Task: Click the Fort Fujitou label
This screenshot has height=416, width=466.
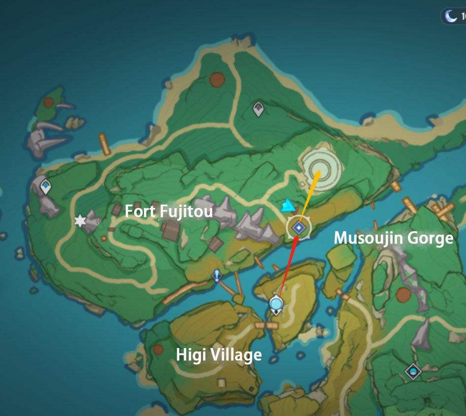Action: click(168, 211)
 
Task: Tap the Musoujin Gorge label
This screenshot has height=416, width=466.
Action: click(393, 238)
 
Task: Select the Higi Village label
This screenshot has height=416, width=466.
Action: click(219, 354)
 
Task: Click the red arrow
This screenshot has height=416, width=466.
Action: click(289, 266)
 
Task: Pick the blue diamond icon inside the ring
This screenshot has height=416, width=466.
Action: click(299, 227)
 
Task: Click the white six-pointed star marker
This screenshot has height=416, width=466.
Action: click(80, 221)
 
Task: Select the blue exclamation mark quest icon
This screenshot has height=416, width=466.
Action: click(216, 275)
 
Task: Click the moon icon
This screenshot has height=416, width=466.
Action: click(451, 16)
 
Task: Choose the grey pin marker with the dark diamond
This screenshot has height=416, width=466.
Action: click(258, 109)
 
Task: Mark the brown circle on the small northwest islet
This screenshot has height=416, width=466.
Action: click(48, 103)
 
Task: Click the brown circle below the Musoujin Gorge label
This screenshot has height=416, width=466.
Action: click(403, 295)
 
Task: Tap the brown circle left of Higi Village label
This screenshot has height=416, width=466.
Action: click(158, 349)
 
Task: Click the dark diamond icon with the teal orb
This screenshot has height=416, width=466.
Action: click(413, 371)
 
